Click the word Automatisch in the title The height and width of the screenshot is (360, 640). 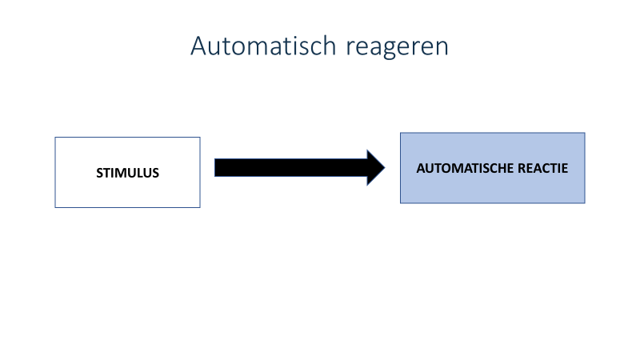tap(263, 46)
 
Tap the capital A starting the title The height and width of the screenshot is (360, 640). tap(198, 46)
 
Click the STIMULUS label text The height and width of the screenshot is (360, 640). tap(128, 173)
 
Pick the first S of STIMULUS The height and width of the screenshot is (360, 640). tap(99, 173)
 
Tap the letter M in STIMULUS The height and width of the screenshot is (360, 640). tap(123, 173)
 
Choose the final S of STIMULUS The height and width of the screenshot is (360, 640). tap(155, 173)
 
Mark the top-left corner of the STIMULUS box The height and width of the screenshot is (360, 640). tap(55, 137)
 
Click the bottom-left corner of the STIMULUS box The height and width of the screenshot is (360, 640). tap(55, 207)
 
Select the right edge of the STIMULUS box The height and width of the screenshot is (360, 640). tap(200, 172)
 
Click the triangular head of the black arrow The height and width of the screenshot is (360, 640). tap(375, 168)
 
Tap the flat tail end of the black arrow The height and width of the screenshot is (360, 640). tap(215, 168)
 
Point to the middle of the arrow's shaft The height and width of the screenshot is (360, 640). tap(290, 168)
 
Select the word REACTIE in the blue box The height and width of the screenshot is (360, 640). tap(543, 168)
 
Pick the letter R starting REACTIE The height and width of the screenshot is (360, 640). tap(522, 168)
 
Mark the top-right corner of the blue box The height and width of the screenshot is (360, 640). tap(585, 133)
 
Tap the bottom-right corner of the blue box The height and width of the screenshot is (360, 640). tap(585, 203)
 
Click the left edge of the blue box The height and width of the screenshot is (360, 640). tap(401, 168)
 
